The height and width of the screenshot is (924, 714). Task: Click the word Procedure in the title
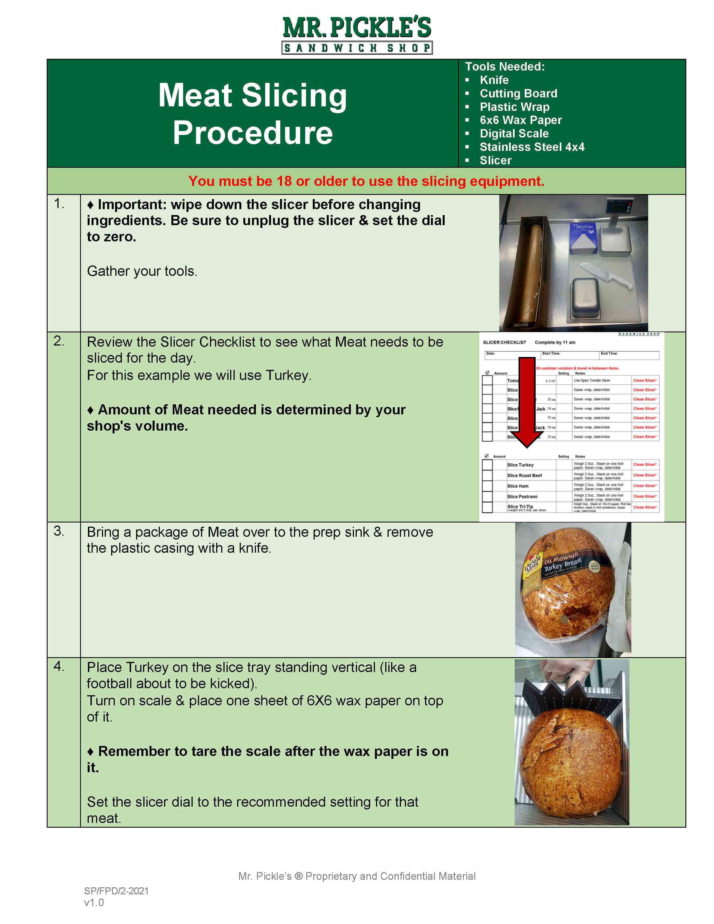pyautogui.click(x=253, y=133)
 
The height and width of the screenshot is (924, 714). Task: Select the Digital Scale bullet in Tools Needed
pyautogui.click(x=514, y=134)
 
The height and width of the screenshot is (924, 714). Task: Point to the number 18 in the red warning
pyautogui.click(x=284, y=181)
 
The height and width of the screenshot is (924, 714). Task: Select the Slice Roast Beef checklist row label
pyautogui.click(x=524, y=475)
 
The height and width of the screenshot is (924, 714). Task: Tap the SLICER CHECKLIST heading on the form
pyautogui.click(x=504, y=342)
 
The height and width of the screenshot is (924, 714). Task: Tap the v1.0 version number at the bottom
pyautogui.click(x=94, y=903)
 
